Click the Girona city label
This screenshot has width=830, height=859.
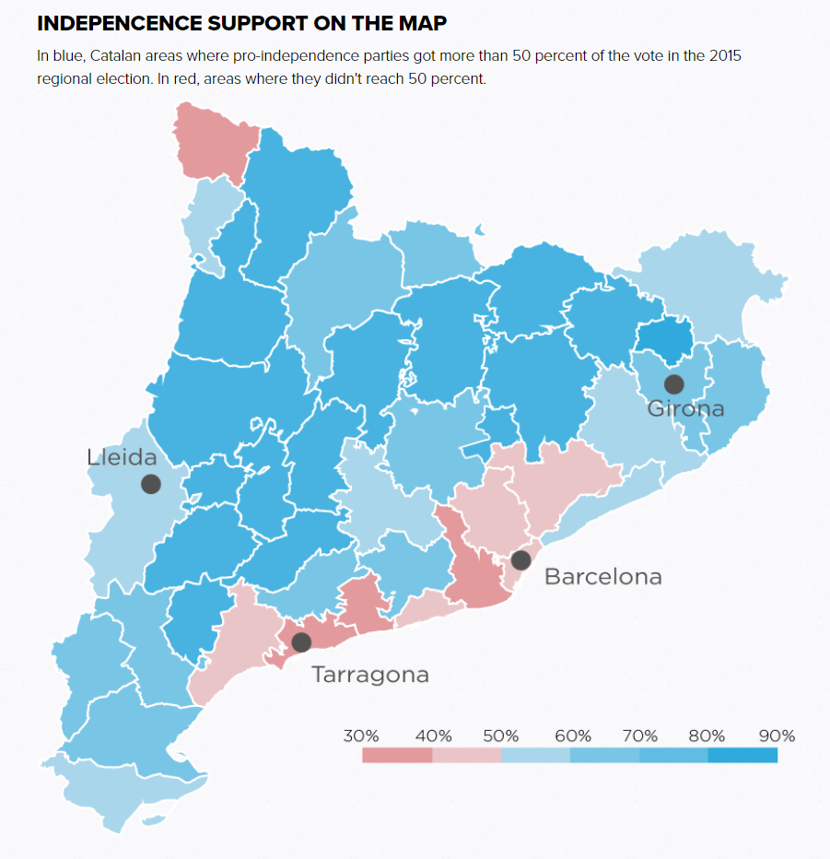click(685, 408)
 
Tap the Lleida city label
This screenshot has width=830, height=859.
click(122, 457)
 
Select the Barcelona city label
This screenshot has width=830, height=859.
click(602, 577)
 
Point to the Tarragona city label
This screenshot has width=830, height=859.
click(369, 675)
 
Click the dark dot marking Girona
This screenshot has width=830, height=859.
click(674, 384)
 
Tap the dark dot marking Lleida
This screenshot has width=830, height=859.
click(151, 484)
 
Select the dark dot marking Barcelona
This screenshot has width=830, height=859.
click(520, 559)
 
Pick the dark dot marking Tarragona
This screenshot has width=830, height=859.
click(301, 642)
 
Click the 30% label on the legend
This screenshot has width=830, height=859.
click(361, 736)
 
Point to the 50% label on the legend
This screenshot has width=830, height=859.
click(501, 736)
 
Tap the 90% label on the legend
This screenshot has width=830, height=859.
click(777, 736)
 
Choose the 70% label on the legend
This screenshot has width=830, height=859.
click(639, 736)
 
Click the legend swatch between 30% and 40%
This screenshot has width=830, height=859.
click(397, 756)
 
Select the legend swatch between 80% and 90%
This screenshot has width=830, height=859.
click(742, 756)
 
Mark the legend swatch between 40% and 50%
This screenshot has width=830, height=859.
click(466, 756)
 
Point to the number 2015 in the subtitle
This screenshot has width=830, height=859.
click(724, 55)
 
